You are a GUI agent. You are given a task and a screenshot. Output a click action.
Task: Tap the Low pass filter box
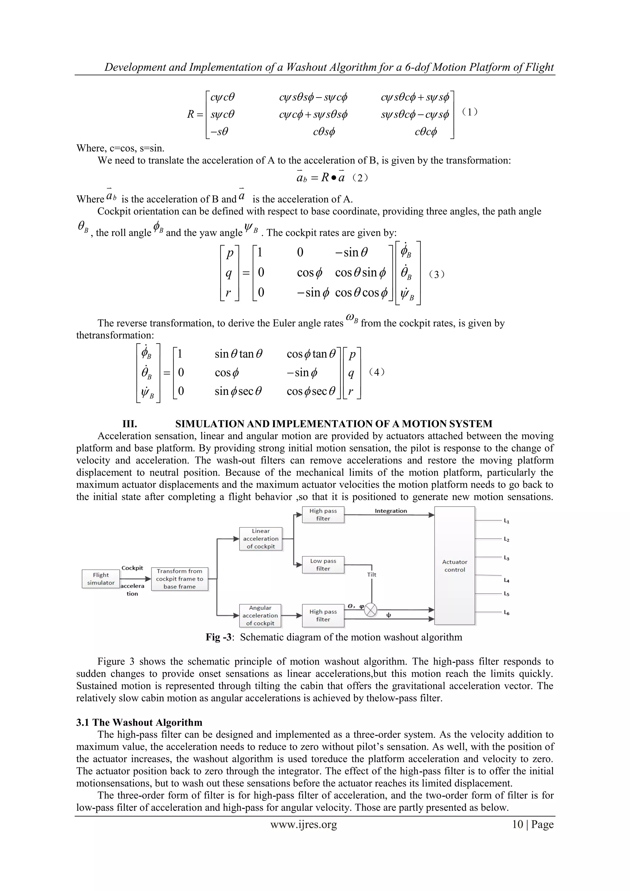pos(323,565)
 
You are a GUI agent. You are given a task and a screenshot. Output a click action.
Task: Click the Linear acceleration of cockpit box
pos(261,539)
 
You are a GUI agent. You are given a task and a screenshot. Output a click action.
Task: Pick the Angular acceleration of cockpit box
pos(260,615)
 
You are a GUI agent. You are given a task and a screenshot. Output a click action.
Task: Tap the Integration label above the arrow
pos(390,511)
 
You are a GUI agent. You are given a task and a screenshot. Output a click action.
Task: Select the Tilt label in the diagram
pos(372,575)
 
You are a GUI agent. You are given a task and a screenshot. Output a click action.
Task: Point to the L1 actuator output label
pos(507,521)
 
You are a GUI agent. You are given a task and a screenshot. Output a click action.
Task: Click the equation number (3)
pos(437,274)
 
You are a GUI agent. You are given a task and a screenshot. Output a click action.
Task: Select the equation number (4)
pos(377,372)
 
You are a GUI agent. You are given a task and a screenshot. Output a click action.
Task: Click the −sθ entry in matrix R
pos(219,132)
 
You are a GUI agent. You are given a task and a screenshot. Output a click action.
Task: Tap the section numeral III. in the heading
pos(130,424)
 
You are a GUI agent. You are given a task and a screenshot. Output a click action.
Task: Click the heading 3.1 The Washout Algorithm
pos(139,722)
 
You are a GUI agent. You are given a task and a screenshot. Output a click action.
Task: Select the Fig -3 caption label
pos(219,637)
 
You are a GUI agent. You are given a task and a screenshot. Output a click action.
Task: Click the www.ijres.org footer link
pos(304,824)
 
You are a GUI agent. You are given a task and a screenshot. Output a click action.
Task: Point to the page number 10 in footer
pos(517,824)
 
